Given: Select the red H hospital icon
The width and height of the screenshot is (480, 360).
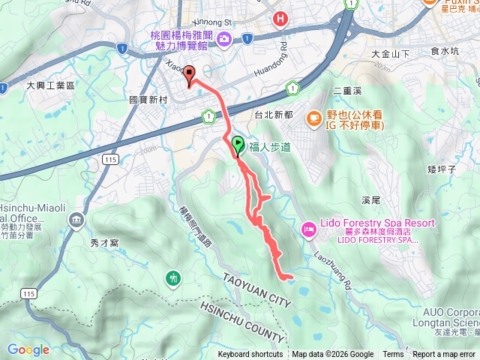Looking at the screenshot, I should coord(280,19).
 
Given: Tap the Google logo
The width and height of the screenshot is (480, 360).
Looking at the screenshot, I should coord(28,349).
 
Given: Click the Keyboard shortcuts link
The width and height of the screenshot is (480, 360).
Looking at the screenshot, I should coord(250,355).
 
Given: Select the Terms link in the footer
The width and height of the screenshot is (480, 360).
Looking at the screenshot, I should coord(393,355).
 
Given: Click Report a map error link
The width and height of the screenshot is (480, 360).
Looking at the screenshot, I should coord(445,355).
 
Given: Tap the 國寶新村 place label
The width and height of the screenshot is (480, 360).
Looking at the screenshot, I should coord(147,99).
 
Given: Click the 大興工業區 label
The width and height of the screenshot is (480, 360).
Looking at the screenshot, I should coord(51,87).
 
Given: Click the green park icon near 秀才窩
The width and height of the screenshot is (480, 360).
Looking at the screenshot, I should coord(173,278).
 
